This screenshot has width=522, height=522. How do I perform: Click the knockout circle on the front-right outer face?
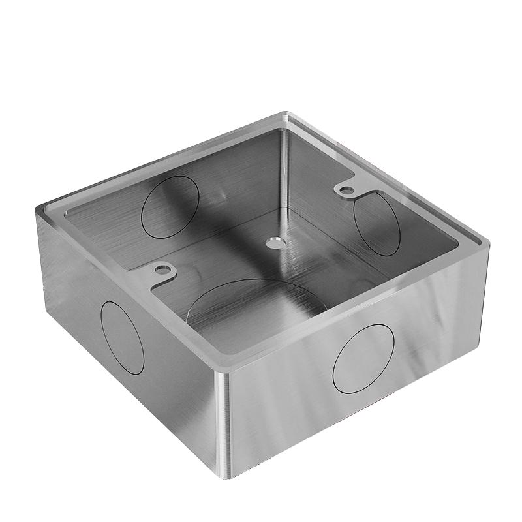(x=363, y=358)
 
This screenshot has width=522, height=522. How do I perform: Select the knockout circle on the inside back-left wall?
(x=170, y=207)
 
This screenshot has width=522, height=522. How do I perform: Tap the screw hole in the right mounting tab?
(x=346, y=190)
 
